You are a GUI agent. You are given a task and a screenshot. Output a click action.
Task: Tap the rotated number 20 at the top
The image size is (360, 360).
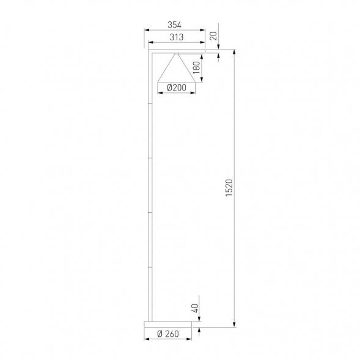[213, 35]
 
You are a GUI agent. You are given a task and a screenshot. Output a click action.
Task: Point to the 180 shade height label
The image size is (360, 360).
[196, 67]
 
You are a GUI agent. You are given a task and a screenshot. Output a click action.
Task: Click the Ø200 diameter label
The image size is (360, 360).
[176, 88]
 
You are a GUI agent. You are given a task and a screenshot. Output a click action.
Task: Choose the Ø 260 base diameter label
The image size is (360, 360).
[167, 334]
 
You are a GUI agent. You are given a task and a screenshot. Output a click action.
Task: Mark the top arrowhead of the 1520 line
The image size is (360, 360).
[233, 55]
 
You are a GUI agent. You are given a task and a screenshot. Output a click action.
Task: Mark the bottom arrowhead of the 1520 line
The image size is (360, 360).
[233, 324]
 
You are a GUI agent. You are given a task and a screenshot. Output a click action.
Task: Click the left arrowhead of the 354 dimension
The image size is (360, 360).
[146, 31]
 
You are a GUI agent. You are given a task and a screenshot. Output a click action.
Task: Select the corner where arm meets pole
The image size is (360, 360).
[150, 54]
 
